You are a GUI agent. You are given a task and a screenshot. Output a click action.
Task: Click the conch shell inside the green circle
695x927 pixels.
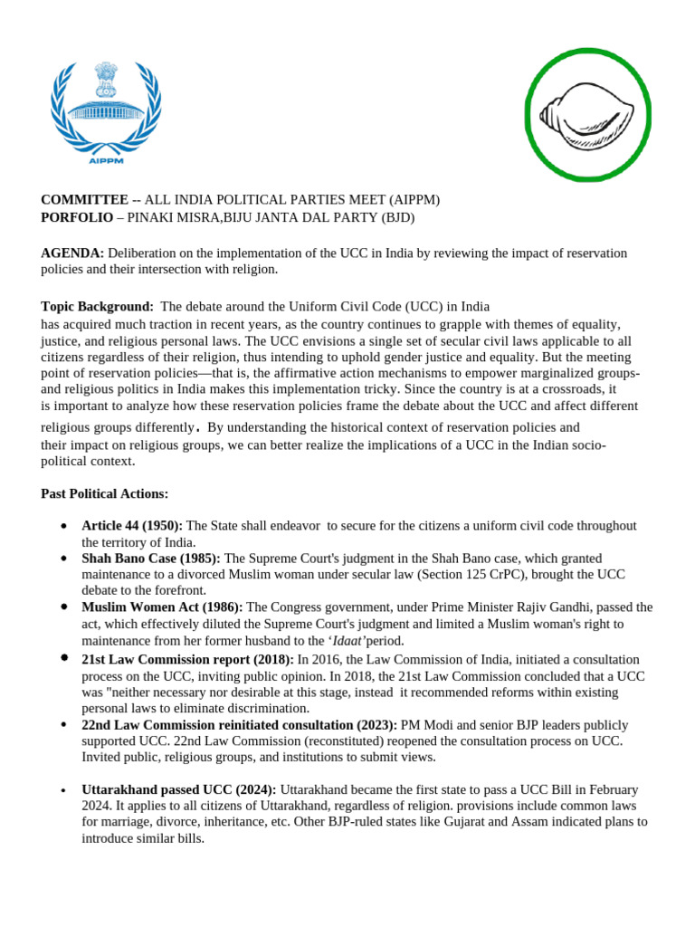(x=586, y=113)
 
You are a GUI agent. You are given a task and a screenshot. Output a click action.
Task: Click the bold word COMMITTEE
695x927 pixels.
(x=84, y=200)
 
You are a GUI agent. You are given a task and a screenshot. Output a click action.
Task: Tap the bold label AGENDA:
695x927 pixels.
(x=72, y=253)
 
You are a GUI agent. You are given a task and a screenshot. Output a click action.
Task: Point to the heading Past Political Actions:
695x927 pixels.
(x=104, y=493)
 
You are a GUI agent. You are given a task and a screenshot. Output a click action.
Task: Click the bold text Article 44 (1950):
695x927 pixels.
(x=132, y=526)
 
